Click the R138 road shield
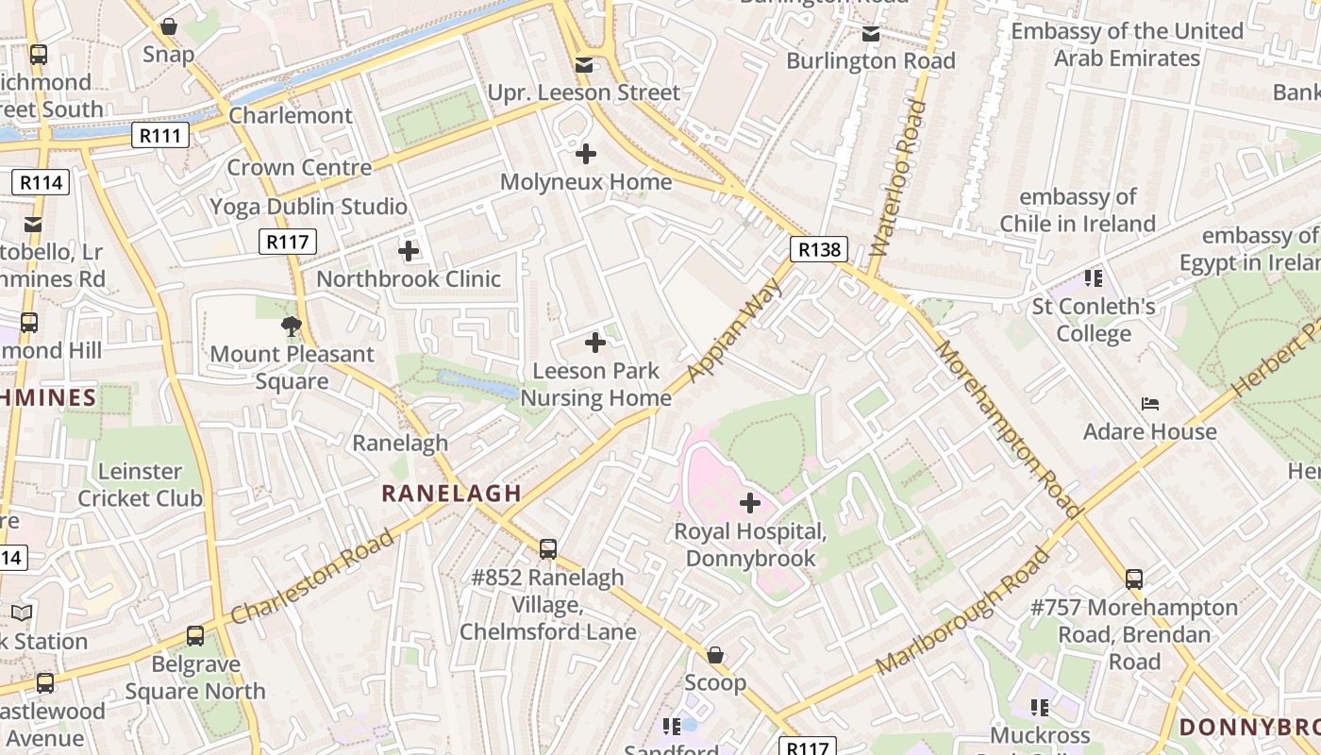point(818,249)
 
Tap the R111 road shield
point(159,135)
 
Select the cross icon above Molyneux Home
point(586,153)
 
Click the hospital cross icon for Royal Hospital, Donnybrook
point(750,503)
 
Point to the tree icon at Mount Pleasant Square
point(292,327)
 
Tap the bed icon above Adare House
point(1149,404)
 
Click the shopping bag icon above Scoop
point(715,655)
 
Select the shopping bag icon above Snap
point(169,26)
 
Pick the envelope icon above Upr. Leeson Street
point(584,65)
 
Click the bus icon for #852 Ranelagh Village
point(548,548)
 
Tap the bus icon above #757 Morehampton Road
point(1134,579)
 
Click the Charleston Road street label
point(312,577)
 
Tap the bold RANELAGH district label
point(451,493)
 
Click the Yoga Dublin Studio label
point(309,207)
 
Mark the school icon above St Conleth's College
point(1094,277)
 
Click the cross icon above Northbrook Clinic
point(409,251)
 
